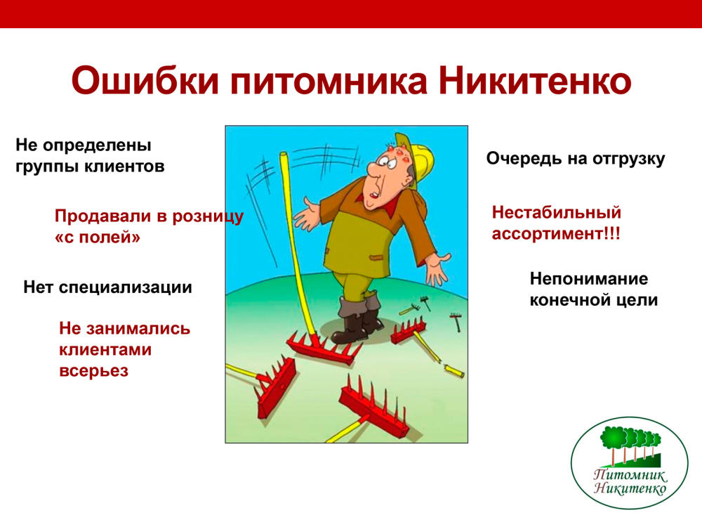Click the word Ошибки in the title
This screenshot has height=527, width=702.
pyautogui.click(x=145, y=81)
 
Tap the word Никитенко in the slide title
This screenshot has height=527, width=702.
pyautogui.click(x=534, y=81)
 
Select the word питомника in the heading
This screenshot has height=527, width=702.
pyautogui.click(x=329, y=82)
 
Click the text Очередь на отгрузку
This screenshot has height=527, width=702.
pyautogui.click(x=576, y=159)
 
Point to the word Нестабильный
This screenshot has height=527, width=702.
pyautogui.click(x=557, y=212)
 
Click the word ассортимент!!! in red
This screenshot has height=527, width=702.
pyautogui.click(x=556, y=233)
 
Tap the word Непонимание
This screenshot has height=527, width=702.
pyautogui.click(x=589, y=279)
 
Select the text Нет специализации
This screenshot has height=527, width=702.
pyautogui.click(x=107, y=287)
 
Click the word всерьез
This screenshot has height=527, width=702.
pyautogui.click(x=94, y=371)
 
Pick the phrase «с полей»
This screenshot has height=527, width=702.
pyautogui.click(x=98, y=237)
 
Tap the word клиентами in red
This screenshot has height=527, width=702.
pyautogui.click(x=105, y=349)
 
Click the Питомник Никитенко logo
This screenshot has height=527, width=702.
pyautogui.click(x=630, y=463)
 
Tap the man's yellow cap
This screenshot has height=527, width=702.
pyautogui.click(x=416, y=157)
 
